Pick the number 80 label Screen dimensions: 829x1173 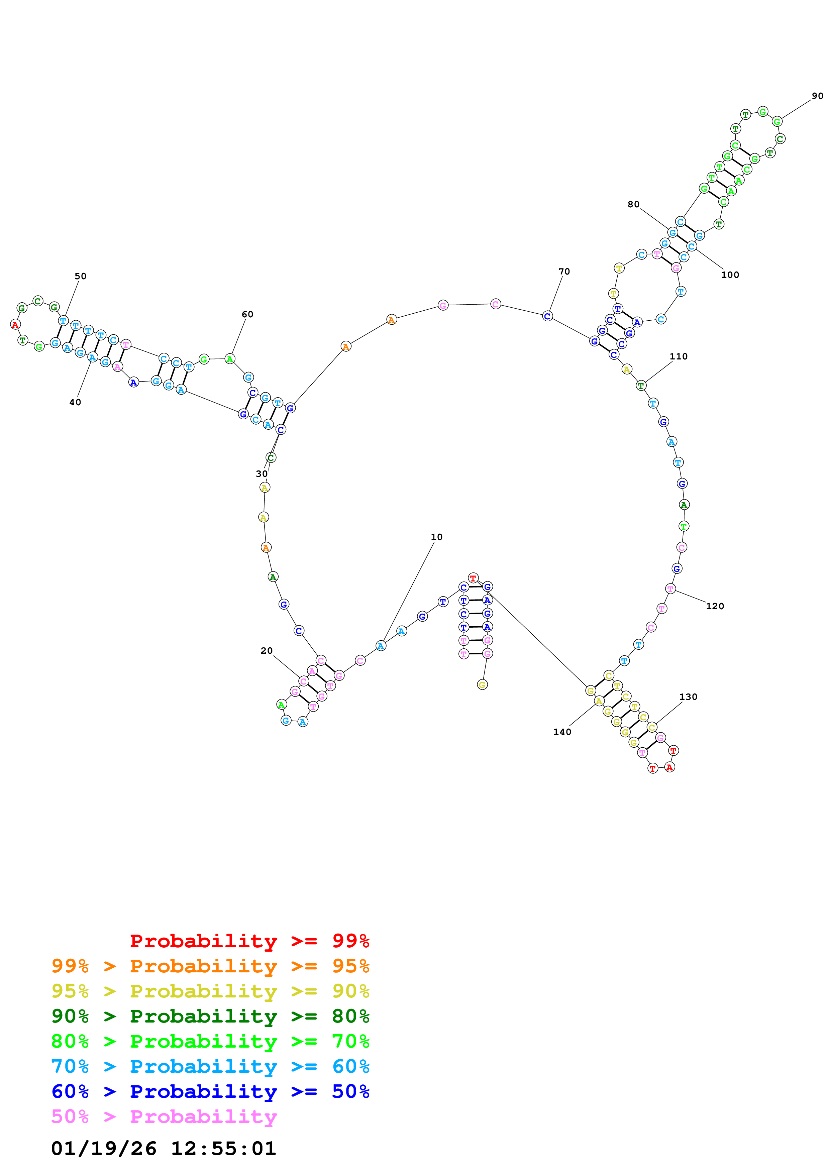pos(633,204)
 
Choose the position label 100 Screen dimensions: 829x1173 pos(730,275)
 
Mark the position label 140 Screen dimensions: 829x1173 pos(562,732)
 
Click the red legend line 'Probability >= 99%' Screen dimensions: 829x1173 pos(249,941)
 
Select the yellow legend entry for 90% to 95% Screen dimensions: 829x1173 pos(210,991)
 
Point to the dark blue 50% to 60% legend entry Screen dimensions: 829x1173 pos(210,1091)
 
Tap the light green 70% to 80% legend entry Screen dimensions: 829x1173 pos(210,1041)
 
